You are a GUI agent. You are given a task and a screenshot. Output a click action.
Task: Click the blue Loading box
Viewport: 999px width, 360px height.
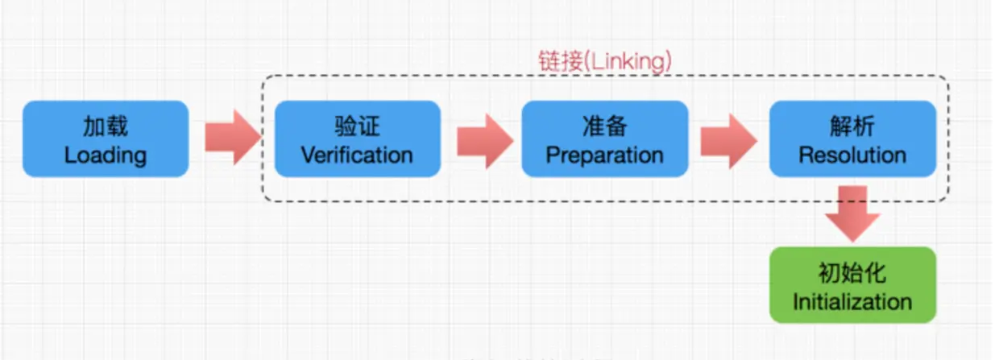click(106, 139)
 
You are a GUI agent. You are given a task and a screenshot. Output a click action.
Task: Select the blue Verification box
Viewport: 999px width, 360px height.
click(357, 139)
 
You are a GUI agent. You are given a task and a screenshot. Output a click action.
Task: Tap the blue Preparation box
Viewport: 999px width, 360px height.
click(604, 139)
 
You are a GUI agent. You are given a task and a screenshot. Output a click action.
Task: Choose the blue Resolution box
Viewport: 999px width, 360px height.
click(852, 139)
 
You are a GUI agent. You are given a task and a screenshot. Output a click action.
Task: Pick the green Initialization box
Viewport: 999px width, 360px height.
click(852, 284)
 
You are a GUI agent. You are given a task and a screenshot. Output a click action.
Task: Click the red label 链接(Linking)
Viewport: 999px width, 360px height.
click(604, 62)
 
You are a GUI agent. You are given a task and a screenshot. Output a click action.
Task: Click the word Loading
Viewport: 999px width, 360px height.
click(106, 155)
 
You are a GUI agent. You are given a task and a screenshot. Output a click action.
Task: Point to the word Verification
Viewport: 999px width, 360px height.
click(357, 155)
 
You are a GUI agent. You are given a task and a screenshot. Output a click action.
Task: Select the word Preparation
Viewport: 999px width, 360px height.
click(604, 155)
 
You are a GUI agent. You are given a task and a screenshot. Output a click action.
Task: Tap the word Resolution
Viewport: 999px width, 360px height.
click(852, 155)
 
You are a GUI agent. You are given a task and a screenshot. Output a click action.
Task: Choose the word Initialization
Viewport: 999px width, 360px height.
click(852, 302)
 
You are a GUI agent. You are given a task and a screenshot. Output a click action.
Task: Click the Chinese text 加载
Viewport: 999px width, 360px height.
click(106, 126)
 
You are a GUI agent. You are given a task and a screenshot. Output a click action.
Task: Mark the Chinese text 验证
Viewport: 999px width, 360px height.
click(357, 126)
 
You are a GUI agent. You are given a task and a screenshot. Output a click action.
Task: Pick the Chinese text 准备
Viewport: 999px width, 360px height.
click(604, 126)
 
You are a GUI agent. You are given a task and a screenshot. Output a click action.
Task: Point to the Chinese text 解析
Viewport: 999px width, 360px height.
click(852, 126)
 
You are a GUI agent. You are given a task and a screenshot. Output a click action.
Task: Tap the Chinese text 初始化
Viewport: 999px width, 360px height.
click(852, 273)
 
